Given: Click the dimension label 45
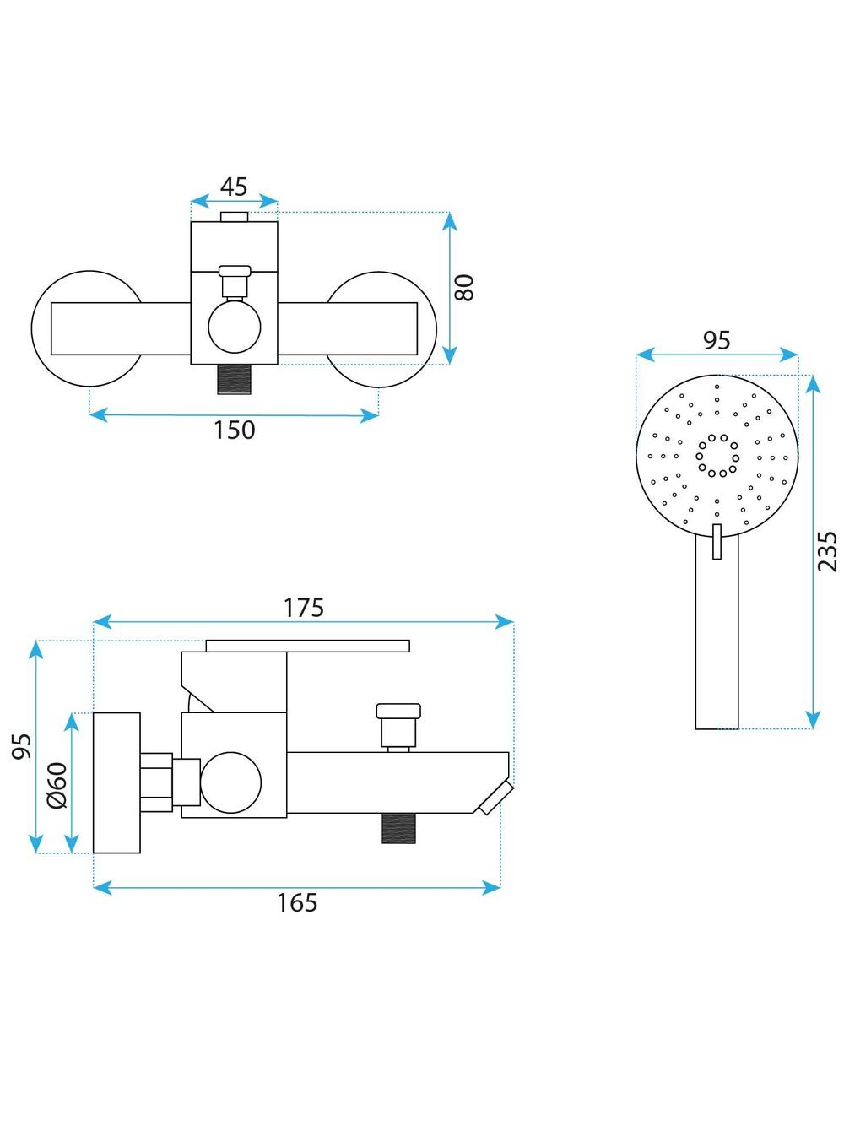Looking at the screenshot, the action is (234, 187).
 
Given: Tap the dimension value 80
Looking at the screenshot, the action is (464, 288).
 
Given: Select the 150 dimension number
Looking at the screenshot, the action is (235, 430).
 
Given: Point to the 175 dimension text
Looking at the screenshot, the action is (304, 608).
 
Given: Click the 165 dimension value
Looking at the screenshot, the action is (297, 903).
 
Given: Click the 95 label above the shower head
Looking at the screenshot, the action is (717, 340).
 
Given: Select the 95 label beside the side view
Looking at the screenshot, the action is (22, 746).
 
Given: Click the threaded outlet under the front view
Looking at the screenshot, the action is (235, 379).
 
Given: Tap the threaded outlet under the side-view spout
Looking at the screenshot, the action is (398, 829).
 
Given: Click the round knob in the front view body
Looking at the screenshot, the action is (235, 328).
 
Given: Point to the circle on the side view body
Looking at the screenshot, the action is (230, 782).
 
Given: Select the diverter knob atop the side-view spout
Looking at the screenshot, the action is (398, 725).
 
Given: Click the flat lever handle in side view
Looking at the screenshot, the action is (308, 646).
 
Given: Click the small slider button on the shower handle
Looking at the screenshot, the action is (717, 541).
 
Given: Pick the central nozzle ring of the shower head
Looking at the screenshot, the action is (717, 456).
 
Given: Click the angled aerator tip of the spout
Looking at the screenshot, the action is (496, 798).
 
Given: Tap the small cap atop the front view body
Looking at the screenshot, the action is (235, 216).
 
